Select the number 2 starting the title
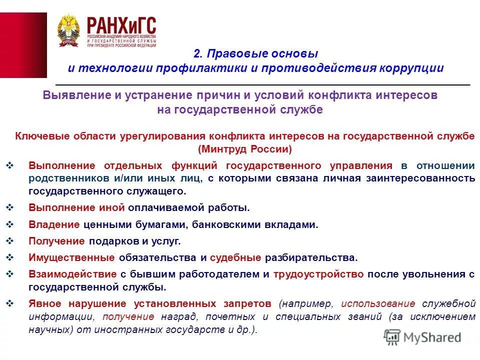(196, 53)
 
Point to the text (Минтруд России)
(244, 149)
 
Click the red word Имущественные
(72, 257)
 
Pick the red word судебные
(235, 257)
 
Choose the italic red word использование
(378, 303)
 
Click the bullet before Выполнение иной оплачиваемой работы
(13, 206)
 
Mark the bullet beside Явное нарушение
(13, 302)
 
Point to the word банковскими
(233, 224)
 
